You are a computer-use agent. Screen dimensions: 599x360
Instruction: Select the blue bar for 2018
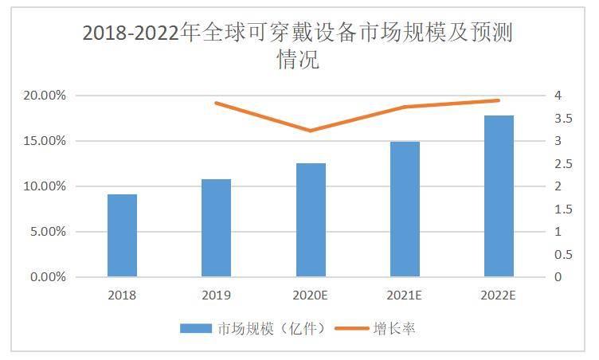tap(122, 236)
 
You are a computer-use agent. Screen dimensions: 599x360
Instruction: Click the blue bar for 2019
tap(216, 228)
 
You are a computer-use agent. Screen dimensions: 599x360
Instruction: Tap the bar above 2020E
tap(311, 220)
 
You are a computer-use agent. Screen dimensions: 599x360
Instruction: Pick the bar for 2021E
tap(405, 209)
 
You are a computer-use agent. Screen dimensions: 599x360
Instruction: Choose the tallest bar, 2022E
tap(499, 196)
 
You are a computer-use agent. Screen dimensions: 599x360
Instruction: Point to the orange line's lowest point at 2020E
tap(310, 131)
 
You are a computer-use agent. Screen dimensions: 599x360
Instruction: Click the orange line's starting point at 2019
tap(216, 103)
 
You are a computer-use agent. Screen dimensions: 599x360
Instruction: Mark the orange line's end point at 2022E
tap(498, 100)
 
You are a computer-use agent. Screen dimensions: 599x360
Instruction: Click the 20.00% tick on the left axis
tap(45, 95)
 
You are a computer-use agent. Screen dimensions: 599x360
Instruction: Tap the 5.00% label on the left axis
tap(48, 232)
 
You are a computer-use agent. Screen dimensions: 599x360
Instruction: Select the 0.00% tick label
tap(48, 276)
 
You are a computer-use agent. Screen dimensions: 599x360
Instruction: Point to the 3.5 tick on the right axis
tap(563, 119)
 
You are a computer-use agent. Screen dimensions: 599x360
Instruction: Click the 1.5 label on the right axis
tap(563, 209)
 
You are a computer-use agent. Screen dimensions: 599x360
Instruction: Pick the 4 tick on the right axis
tap(558, 95)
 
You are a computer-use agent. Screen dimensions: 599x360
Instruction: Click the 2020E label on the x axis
tap(310, 295)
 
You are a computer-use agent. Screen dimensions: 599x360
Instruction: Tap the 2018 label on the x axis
tap(122, 295)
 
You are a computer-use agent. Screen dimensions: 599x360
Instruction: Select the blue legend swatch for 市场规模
tap(196, 328)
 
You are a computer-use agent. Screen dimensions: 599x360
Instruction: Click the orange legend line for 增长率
tap(352, 328)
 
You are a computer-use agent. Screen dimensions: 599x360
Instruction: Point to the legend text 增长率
tap(394, 328)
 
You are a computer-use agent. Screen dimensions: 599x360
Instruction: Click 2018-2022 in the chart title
tap(131, 33)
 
